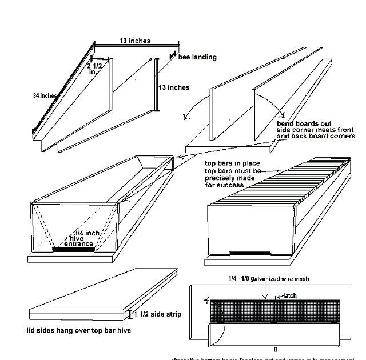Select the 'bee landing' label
click(197, 57)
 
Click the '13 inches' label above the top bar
click(135, 40)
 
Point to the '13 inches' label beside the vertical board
click(173, 87)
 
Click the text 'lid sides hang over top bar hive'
click(78, 330)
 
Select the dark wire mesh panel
click(274, 310)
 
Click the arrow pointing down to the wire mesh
click(264, 291)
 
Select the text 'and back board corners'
click(316, 137)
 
